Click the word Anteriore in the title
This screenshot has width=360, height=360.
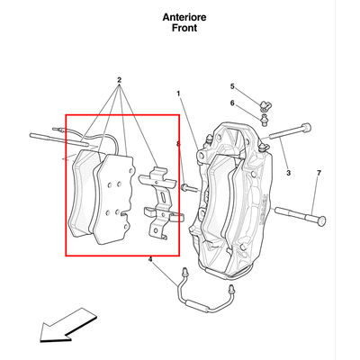point(184,17)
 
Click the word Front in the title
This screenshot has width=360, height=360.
point(184,28)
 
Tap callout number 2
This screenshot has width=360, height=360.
point(119,80)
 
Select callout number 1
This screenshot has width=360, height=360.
point(178,94)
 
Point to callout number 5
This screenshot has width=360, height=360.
point(232,86)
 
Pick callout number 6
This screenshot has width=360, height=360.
point(232,103)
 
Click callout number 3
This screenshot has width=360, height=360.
point(288,173)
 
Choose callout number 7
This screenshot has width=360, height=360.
point(319,173)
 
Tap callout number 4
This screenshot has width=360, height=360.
point(150,259)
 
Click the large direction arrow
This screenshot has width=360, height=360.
point(67,326)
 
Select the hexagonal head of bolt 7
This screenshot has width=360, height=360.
point(320,220)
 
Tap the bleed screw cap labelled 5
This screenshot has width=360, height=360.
point(265,105)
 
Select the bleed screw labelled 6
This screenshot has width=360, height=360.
point(264,120)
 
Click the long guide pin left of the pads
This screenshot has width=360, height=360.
point(59,140)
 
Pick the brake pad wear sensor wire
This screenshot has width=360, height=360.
point(90,137)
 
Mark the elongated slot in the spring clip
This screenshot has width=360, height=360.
point(164,197)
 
